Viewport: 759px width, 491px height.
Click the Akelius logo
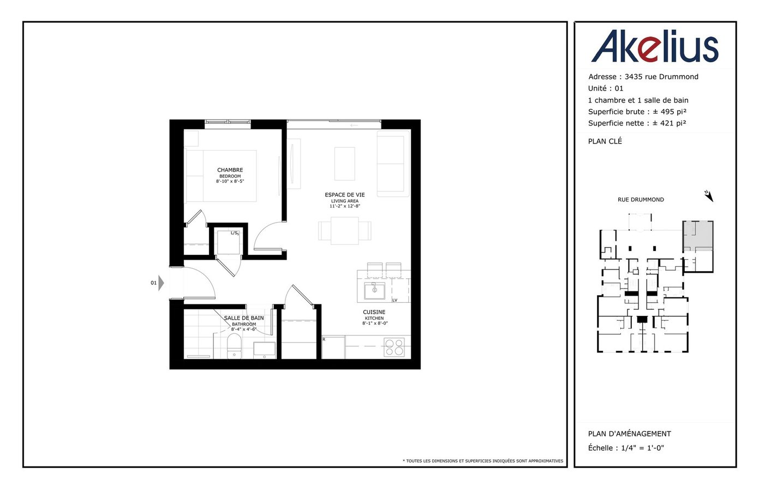tap(655, 46)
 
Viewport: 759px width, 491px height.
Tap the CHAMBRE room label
tap(230, 170)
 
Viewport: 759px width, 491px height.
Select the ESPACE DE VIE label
tap(345, 195)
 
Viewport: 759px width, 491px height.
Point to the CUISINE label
tap(374, 312)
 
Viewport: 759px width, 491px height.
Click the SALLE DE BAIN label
tap(244, 318)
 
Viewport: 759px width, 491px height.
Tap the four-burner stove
tap(394, 347)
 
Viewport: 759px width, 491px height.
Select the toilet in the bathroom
tap(234, 346)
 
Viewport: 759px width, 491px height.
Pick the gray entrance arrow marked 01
tap(161, 283)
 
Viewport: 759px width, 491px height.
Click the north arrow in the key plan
tap(709, 196)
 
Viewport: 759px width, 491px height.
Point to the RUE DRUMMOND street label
tap(641, 200)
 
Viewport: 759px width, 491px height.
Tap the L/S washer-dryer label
tap(235, 233)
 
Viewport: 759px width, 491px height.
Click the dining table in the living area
tap(345, 231)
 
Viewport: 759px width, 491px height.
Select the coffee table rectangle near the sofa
tap(345, 164)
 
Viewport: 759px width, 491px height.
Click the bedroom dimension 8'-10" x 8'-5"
tap(230, 181)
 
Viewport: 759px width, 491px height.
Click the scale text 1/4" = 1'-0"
tap(642, 448)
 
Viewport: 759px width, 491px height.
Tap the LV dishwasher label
tap(395, 300)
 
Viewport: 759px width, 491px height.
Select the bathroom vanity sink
tap(265, 350)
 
